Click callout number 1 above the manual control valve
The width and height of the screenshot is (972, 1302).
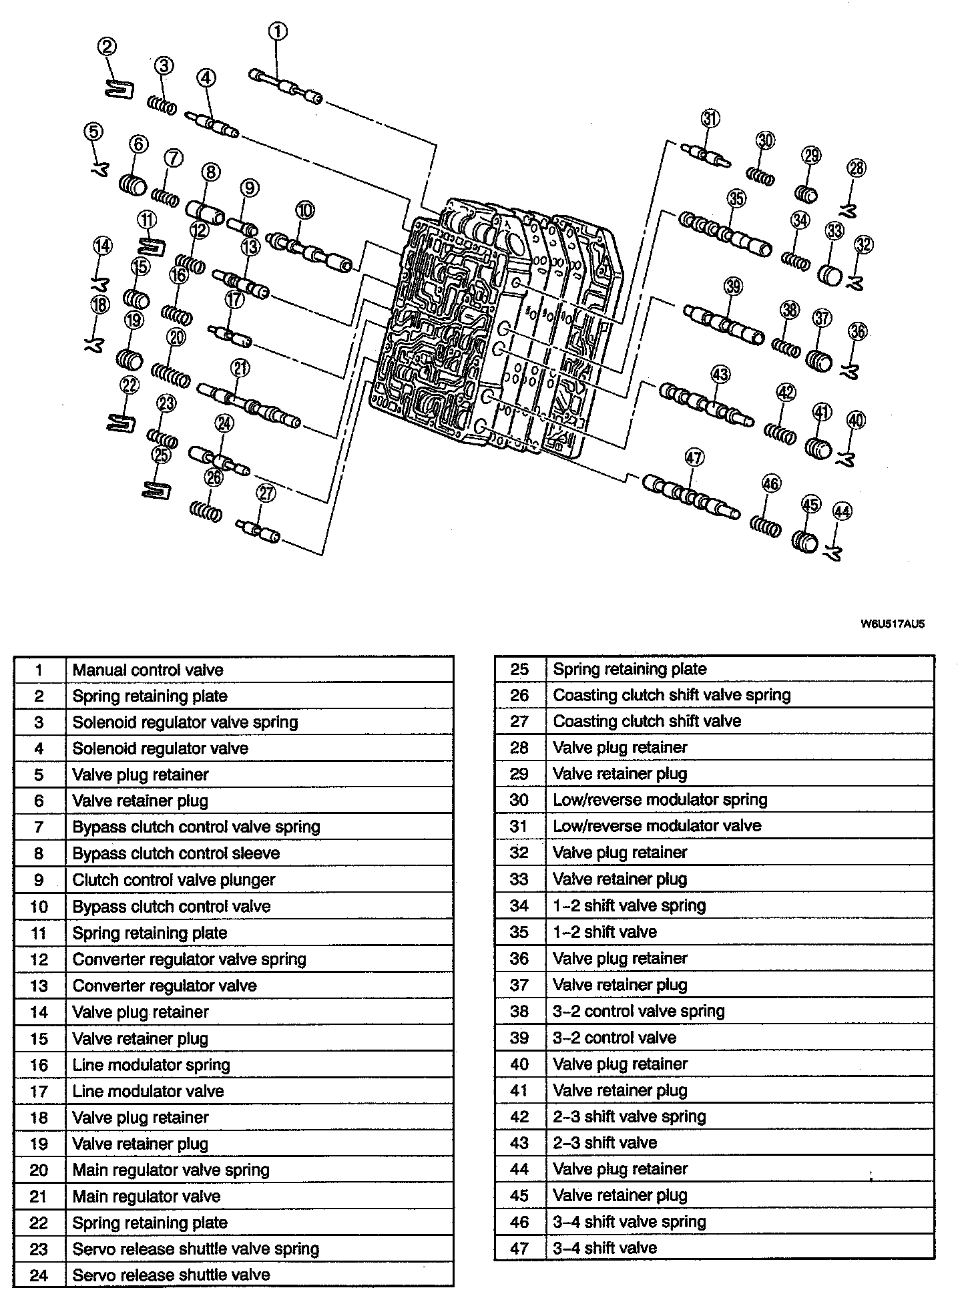tap(278, 31)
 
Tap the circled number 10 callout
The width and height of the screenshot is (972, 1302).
tap(304, 210)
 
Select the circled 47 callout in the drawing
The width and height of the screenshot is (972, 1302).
tap(694, 457)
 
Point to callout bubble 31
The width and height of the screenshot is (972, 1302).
tap(710, 119)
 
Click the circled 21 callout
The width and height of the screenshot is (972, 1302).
tap(240, 367)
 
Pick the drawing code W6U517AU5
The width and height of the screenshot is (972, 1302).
tap(892, 625)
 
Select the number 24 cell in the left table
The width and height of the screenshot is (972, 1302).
tap(39, 1275)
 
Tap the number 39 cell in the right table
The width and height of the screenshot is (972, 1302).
tap(519, 1038)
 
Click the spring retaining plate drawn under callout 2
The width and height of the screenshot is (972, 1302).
tap(121, 88)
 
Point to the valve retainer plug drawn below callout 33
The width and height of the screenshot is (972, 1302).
tap(830, 274)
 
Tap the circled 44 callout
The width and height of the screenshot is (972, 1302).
tap(842, 512)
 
